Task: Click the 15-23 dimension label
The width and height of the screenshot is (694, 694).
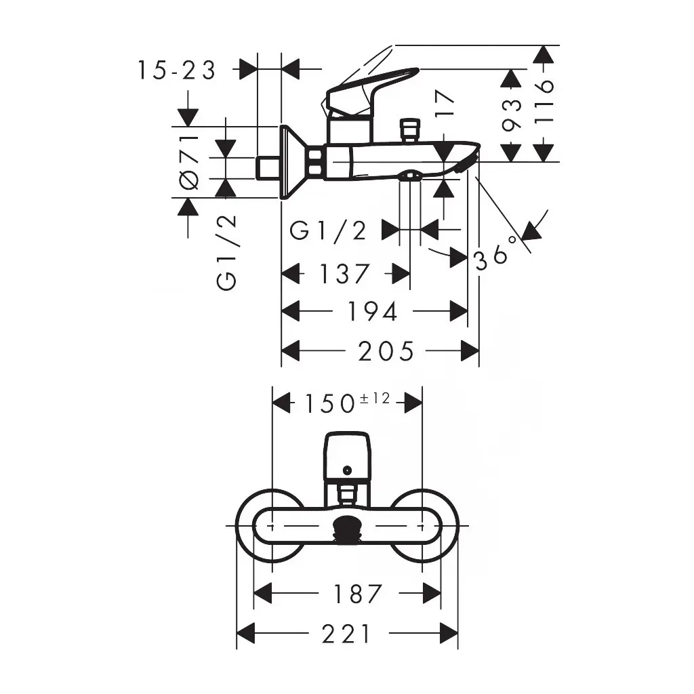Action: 176,70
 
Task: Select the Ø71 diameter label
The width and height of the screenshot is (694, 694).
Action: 189,163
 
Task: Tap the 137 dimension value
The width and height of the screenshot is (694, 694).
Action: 344,274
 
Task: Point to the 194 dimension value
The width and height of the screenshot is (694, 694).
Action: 372,312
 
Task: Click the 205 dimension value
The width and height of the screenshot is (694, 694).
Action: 386,351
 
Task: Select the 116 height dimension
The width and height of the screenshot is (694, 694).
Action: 544,102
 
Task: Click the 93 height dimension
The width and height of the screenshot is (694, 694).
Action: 512,115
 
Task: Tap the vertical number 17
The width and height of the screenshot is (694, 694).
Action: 445,103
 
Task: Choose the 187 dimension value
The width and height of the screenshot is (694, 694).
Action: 358,594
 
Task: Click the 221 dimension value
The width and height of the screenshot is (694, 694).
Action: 346,634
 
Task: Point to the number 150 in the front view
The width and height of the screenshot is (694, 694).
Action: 330,404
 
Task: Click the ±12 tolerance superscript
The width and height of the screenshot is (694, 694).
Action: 374,399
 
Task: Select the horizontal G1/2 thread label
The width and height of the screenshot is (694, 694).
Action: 328,230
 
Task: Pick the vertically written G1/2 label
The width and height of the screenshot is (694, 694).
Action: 226,253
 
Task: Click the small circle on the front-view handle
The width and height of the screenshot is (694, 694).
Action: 347,470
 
